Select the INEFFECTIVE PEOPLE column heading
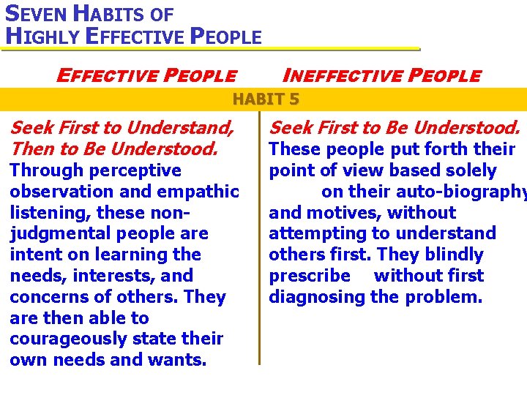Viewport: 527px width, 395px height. click(381, 75)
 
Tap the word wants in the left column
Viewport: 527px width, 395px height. click(180, 360)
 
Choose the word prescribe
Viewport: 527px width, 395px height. click(310, 276)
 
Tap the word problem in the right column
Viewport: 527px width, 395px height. click(449, 297)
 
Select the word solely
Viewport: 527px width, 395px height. click(469, 170)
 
